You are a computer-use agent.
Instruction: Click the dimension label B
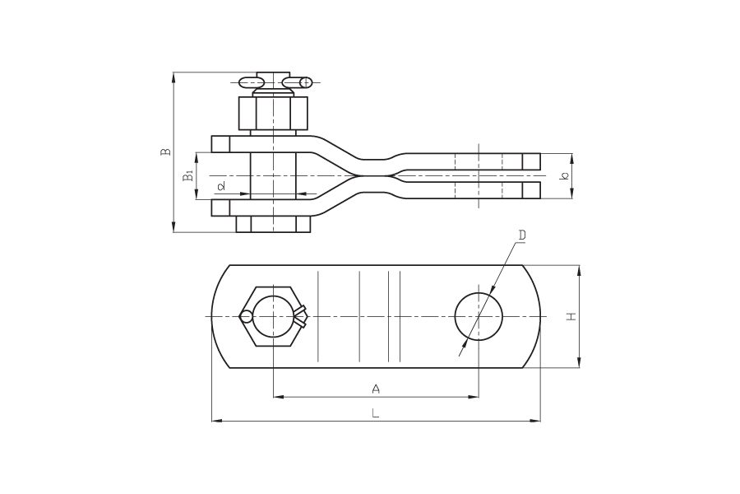165,151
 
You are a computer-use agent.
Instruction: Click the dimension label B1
188,175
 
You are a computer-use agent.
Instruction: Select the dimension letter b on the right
564,176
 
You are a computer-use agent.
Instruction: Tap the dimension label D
522,235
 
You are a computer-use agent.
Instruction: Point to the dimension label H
571,316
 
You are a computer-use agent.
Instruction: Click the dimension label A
376,389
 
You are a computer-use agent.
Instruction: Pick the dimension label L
375,413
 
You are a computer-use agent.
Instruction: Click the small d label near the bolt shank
221,186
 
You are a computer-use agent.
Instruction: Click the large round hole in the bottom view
479,316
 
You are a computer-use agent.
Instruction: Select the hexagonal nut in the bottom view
271,316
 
